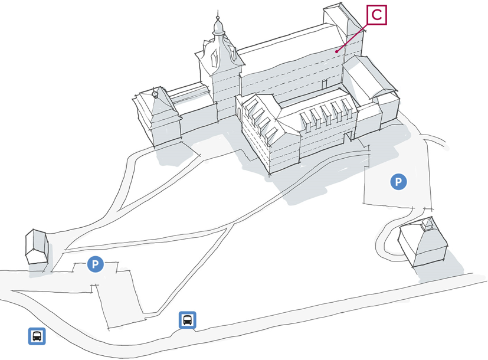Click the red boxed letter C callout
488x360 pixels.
coord(376,15)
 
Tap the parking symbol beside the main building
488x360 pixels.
coord(398,181)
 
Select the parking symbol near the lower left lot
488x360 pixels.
coord(95,264)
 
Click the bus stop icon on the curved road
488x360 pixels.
coord(188,320)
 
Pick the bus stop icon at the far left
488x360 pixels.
coord(37,336)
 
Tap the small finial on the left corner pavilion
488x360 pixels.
coord(155,94)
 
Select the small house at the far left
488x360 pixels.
coord(37,247)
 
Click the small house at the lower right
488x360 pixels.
coord(423,243)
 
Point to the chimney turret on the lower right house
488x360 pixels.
coord(428,224)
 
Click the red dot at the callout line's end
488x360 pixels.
coord(336,51)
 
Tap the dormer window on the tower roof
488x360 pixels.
coord(215,58)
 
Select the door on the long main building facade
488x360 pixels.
coord(325,84)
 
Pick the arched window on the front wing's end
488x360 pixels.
coord(239,113)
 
